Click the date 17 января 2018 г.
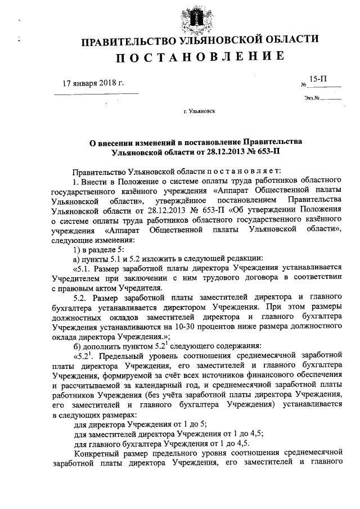point(92,84)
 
